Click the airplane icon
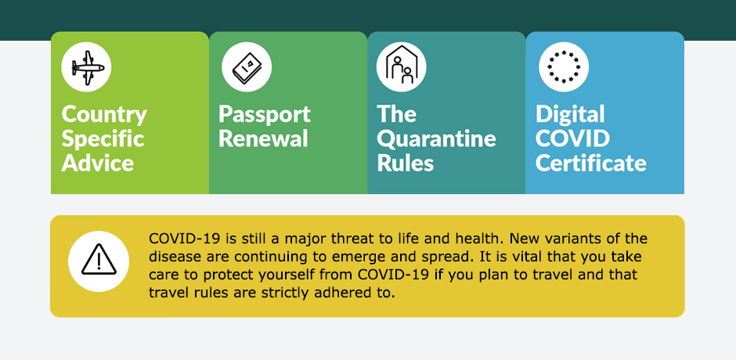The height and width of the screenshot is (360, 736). (88, 68)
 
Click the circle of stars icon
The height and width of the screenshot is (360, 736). (563, 67)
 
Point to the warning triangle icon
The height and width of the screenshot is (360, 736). (99, 259)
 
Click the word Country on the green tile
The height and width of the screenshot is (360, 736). (104, 115)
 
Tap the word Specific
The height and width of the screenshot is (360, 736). (103, 139)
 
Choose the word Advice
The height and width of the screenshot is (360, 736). (98, 163)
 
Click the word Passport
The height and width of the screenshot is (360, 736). (265, 115)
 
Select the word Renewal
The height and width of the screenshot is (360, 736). (263, 139)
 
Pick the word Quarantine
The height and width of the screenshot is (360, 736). (437, 139)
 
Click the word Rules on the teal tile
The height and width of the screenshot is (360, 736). (405, 163)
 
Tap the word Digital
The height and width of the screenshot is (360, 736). (570, 115)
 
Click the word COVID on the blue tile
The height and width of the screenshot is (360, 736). (572, 139)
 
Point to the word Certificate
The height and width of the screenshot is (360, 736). (591, 163)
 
